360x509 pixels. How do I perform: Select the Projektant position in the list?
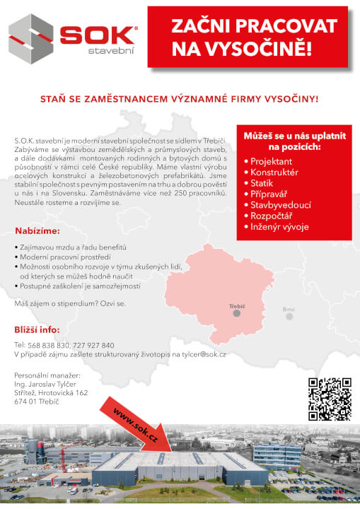coord(272,162)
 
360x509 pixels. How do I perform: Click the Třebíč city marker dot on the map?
coord(237,313)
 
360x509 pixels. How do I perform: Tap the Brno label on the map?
coord(289,310)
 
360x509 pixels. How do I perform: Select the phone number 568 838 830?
coord(49,344)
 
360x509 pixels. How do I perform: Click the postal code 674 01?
coord(27,402)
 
